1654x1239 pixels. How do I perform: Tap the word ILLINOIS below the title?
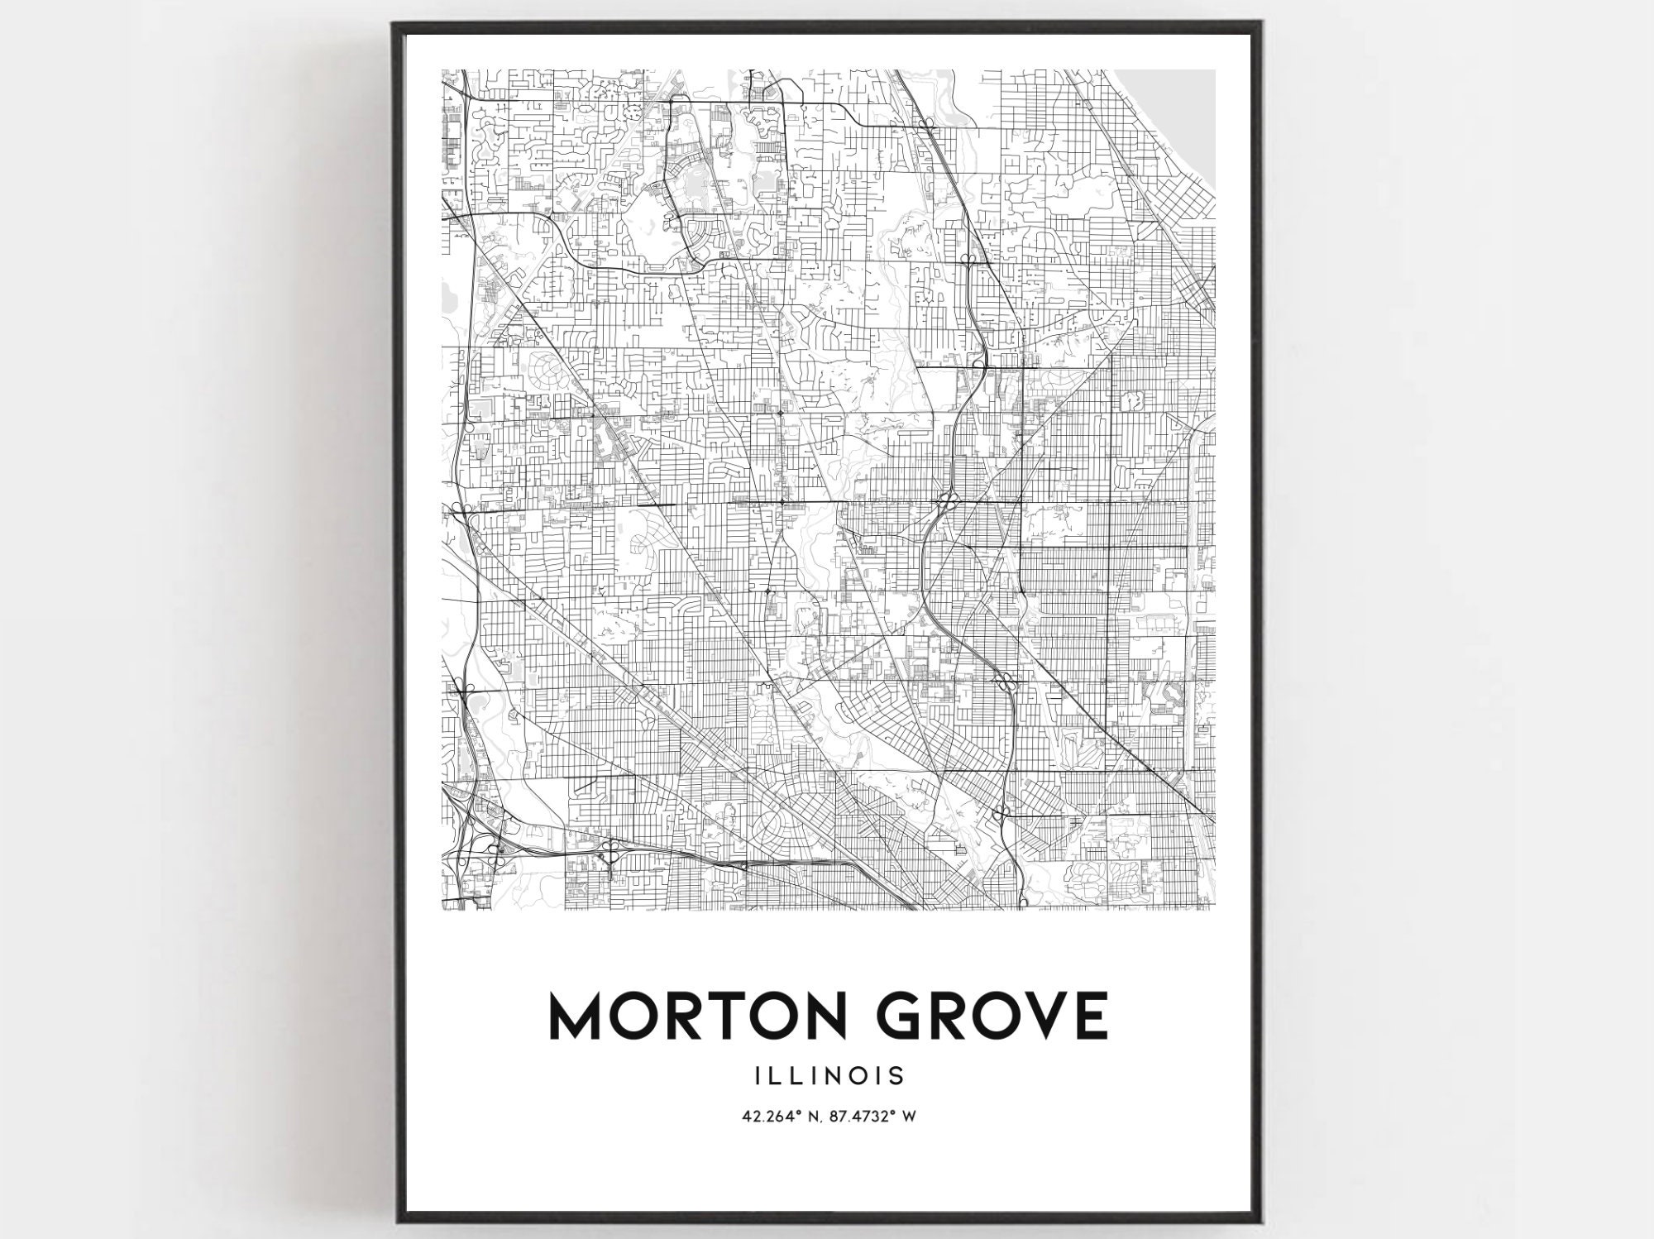pos(828,1076)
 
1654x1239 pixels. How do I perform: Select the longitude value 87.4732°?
pos(863,1117)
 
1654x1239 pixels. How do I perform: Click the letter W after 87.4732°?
pos(910,1117)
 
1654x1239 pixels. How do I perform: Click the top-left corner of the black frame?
pos(395,25)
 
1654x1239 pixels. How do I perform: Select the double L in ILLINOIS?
pos(781,1076)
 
